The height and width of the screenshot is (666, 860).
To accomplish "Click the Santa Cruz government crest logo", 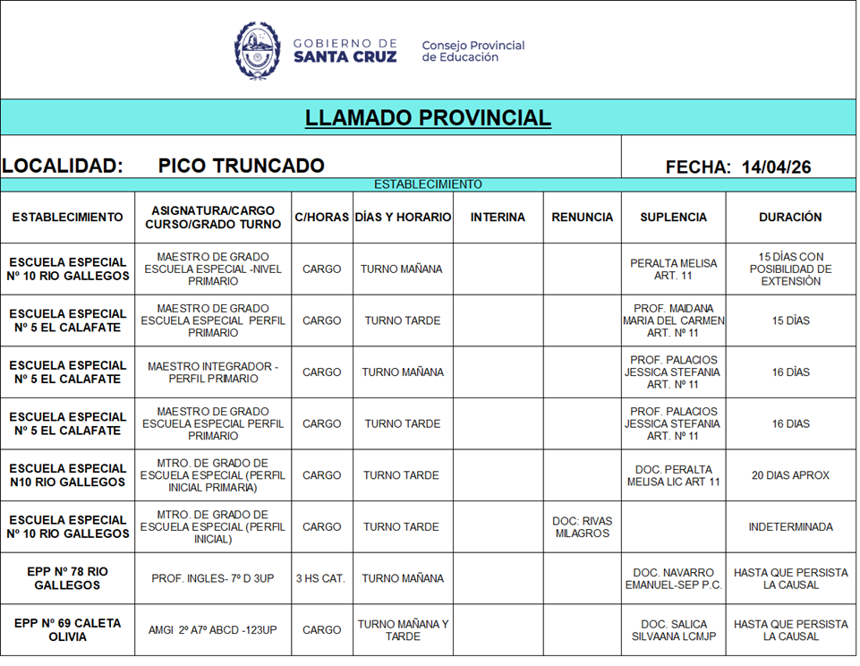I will pyautogui.click(x=258, y=50).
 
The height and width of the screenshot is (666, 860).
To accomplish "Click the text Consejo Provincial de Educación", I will pyautogui.click(x=473, y=51).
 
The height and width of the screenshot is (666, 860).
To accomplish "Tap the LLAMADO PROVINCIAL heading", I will pyautogui.click(x=428, y=118).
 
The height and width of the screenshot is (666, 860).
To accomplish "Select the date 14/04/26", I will pyautogui.click(x=776, y=166).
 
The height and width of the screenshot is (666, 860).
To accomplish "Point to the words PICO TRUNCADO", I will pyautogui.click(x=241, y=166).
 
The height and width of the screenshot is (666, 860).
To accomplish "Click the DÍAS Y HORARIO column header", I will pyautogui.click(x=403, y=218).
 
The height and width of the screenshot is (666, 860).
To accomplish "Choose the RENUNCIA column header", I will pyautogui.click(x=583, y=218).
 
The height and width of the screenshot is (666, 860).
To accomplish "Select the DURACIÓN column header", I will pyautogui.click(x=790, y=218).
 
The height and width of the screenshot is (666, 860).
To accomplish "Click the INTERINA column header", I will pyautogui.click(x=498, y=218).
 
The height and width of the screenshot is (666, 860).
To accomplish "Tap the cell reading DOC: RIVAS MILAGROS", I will pyautogui.click(x=583, y=527).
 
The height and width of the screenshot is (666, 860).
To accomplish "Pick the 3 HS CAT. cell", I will pyautogui.click(x=320, y=578).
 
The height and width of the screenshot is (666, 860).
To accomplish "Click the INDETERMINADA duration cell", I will pyautogui.click(x=790, y=527).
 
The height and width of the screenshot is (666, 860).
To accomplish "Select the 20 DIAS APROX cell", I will pyautogui.click(x=790, y=475).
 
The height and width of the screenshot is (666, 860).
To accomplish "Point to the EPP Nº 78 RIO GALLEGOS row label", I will pyautogui.click(x=67, y=578).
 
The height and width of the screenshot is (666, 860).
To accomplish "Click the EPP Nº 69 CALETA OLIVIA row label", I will pyautogui.click(x=67, y=630).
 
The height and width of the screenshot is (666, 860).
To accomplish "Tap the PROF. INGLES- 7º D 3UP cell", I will pyautogui.click(x=213, y=578).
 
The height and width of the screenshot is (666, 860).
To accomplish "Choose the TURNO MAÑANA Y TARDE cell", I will pyautogui.click(x=403, y=630).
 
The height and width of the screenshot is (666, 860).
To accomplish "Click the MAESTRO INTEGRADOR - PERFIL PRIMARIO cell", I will pyautogui.click(x=213, y=372).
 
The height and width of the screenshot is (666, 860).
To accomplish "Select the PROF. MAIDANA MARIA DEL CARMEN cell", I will pyautogui.click(x=673, y=320).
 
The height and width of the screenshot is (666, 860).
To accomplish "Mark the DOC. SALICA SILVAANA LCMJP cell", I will pyautogui.click(x=673, y=630).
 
